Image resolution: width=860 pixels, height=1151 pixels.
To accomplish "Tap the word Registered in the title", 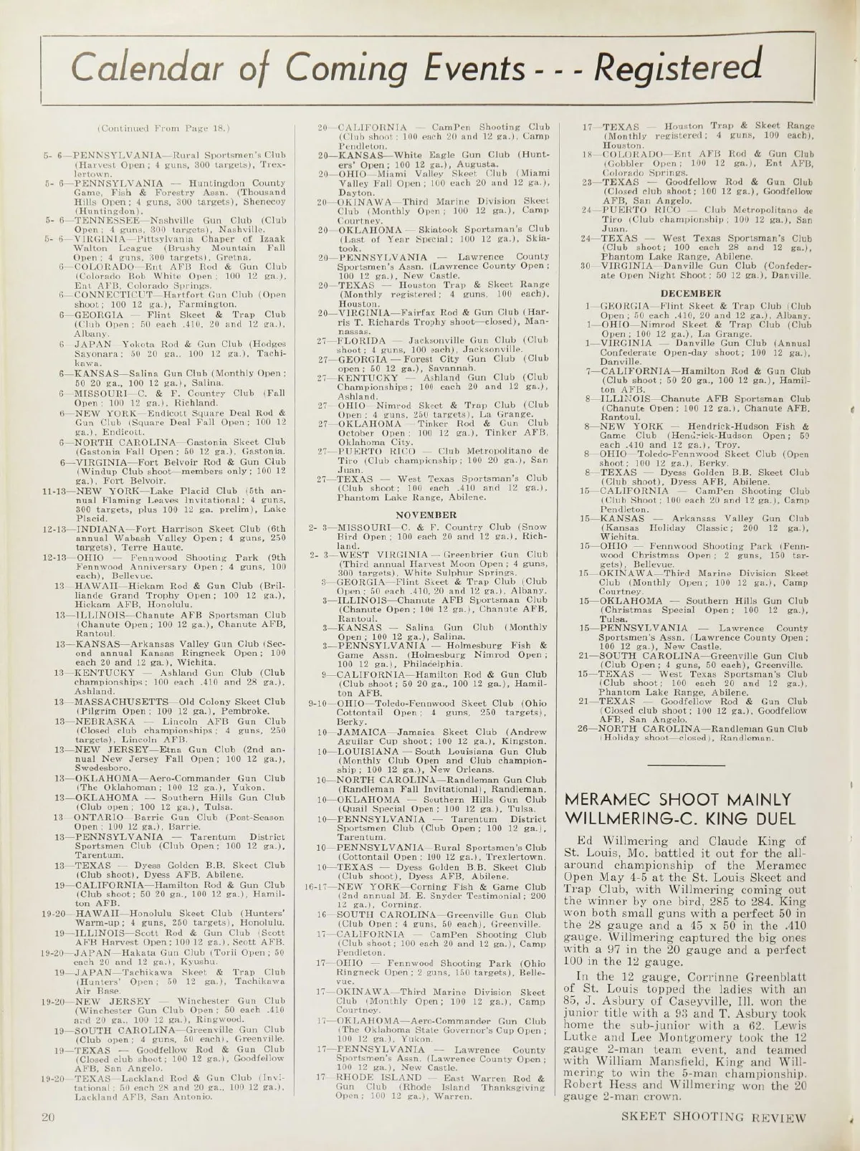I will coord(677,67).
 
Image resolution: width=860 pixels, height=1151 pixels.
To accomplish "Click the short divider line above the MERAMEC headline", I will coord(686,765).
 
